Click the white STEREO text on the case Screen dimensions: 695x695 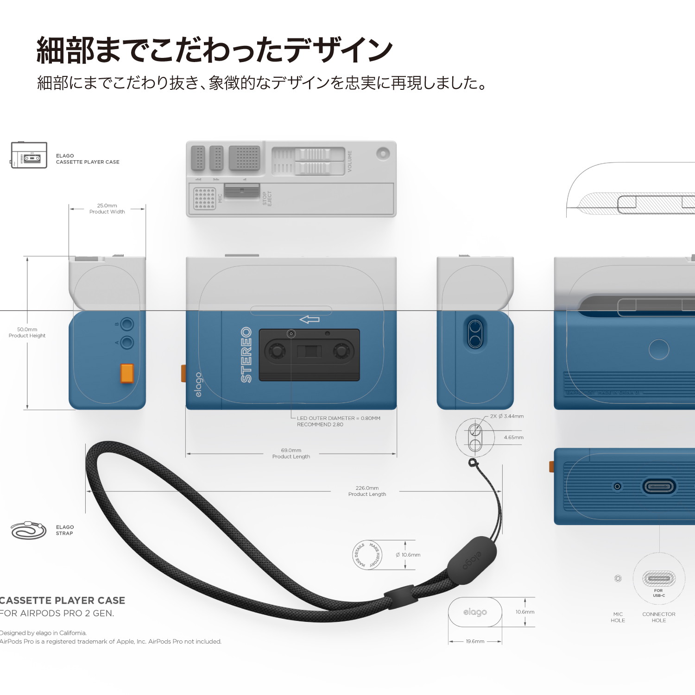(246, 355)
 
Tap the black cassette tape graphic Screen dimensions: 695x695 (309, 355)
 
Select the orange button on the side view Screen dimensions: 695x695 (127, 374)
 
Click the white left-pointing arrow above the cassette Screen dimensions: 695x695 (310, 319)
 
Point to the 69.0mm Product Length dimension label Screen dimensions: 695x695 (291, 453)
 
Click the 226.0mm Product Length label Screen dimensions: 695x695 (367, 491)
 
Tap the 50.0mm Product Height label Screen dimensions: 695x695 (27, 332)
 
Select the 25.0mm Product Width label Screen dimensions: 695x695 (107, 209)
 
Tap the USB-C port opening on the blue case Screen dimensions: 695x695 (659, 487)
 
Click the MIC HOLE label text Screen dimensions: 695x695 (618, 617)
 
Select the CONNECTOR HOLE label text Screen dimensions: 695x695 (658, 617)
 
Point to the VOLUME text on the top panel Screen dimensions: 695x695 (350, 161)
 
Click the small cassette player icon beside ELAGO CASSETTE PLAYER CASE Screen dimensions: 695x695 (29, 155)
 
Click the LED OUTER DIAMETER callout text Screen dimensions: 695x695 (338, 421)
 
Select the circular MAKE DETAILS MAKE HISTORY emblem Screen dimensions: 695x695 (367, 555)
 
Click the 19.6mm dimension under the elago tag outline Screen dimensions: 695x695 (475, 641)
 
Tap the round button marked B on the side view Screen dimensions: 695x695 (127, 324)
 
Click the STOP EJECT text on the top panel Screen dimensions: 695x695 (267, 199)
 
